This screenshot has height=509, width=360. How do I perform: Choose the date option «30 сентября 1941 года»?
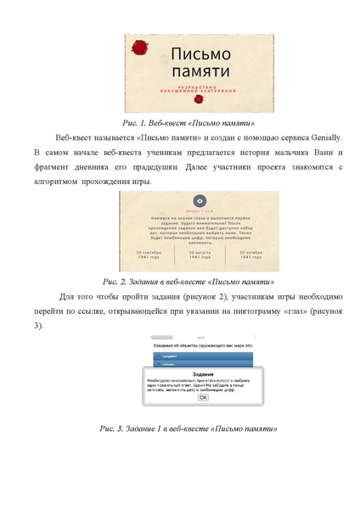click(x=143, y=255)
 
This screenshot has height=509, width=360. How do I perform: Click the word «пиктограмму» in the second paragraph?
click(x=251, y=311)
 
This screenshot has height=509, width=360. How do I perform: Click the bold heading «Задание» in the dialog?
click(x=202, y=374)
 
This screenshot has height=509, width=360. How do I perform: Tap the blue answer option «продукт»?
click(x=171, y=357)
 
